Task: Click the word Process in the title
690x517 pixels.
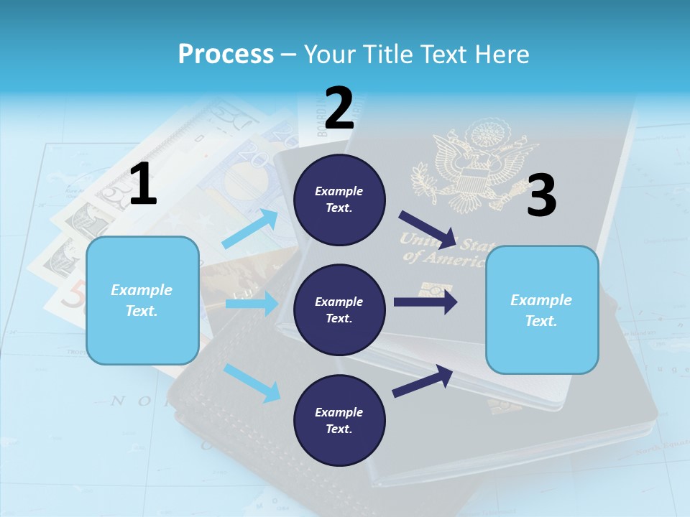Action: (226, 55)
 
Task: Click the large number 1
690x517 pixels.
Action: (143, 184)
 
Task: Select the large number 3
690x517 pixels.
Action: (541, 196)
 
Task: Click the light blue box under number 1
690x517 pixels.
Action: (142, 300)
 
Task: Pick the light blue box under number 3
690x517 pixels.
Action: (542, 310)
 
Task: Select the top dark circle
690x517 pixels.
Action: (339, 200)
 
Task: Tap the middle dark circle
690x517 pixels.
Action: (339, 310)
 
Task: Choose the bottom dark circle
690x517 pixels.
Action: (339, 421)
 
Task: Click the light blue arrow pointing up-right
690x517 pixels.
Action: (250, 229)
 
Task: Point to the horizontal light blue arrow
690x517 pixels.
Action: (252, 304)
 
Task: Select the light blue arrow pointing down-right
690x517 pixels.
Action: (252, 382)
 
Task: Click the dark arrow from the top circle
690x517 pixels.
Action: (428, 229)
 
